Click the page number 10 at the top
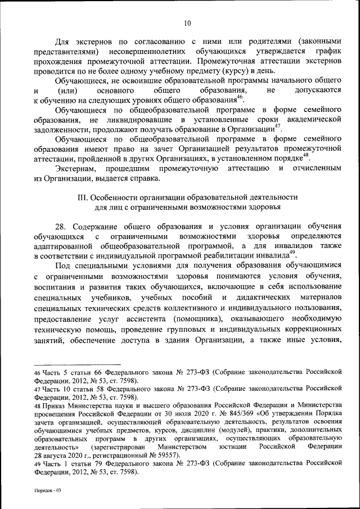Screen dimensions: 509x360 187,23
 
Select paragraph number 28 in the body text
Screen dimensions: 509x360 62,226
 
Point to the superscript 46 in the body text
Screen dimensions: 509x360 240,97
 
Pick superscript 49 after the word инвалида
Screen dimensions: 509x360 292,253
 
